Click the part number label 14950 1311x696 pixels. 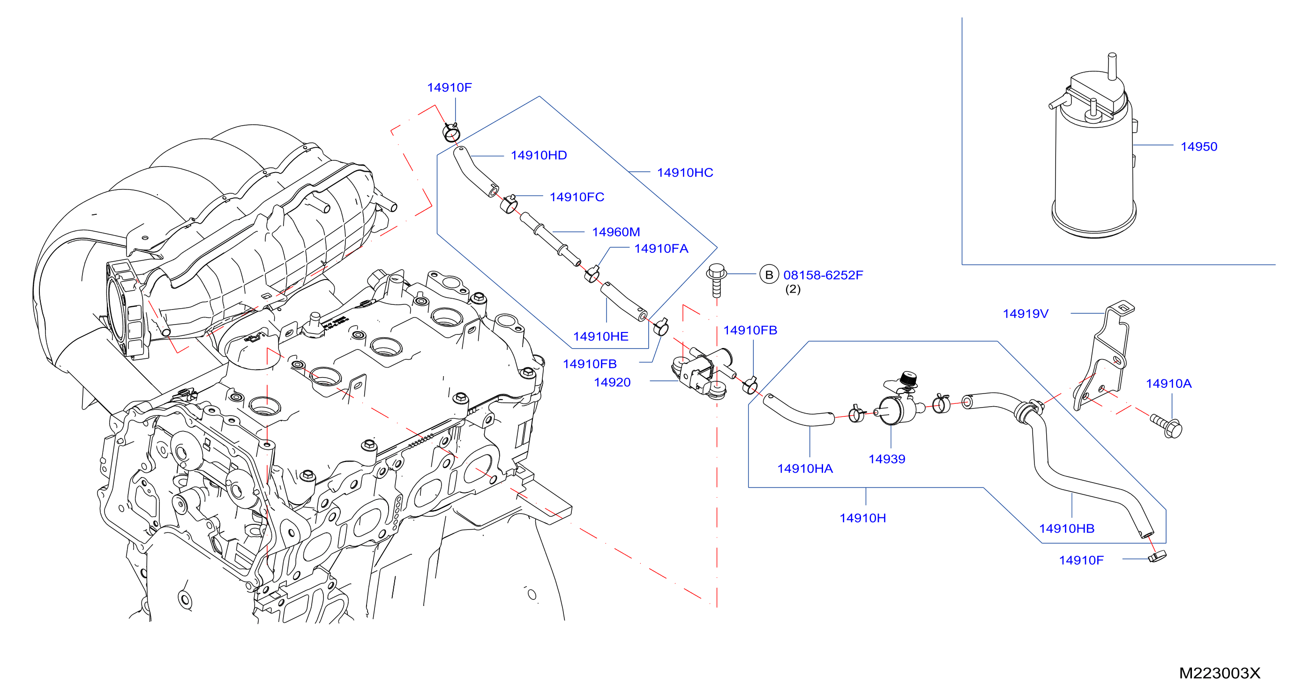[x=1199, y=147]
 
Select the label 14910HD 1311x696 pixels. [x=539, y=155]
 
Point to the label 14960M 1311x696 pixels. [x=616, y=232]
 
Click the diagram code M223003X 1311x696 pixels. [x=1220, y=673]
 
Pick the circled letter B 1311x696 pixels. [x=769, y=275]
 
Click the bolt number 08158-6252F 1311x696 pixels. [x=823, y=275]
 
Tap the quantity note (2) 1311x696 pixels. [x=793, y=289]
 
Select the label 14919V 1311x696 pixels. [x=1026, y=314]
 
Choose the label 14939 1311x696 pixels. [x=886, y=459]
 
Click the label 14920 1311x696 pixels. [x=612, y=382]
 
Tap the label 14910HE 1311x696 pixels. [x=600, y=337]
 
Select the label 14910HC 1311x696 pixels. [x=685, y=173]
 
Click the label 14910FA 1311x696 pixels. [x=661, y=249]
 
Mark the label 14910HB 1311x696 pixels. [x=1067, y=529]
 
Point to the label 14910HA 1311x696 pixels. [x=805, y=469]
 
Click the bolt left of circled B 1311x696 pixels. [x=717, y=280]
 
